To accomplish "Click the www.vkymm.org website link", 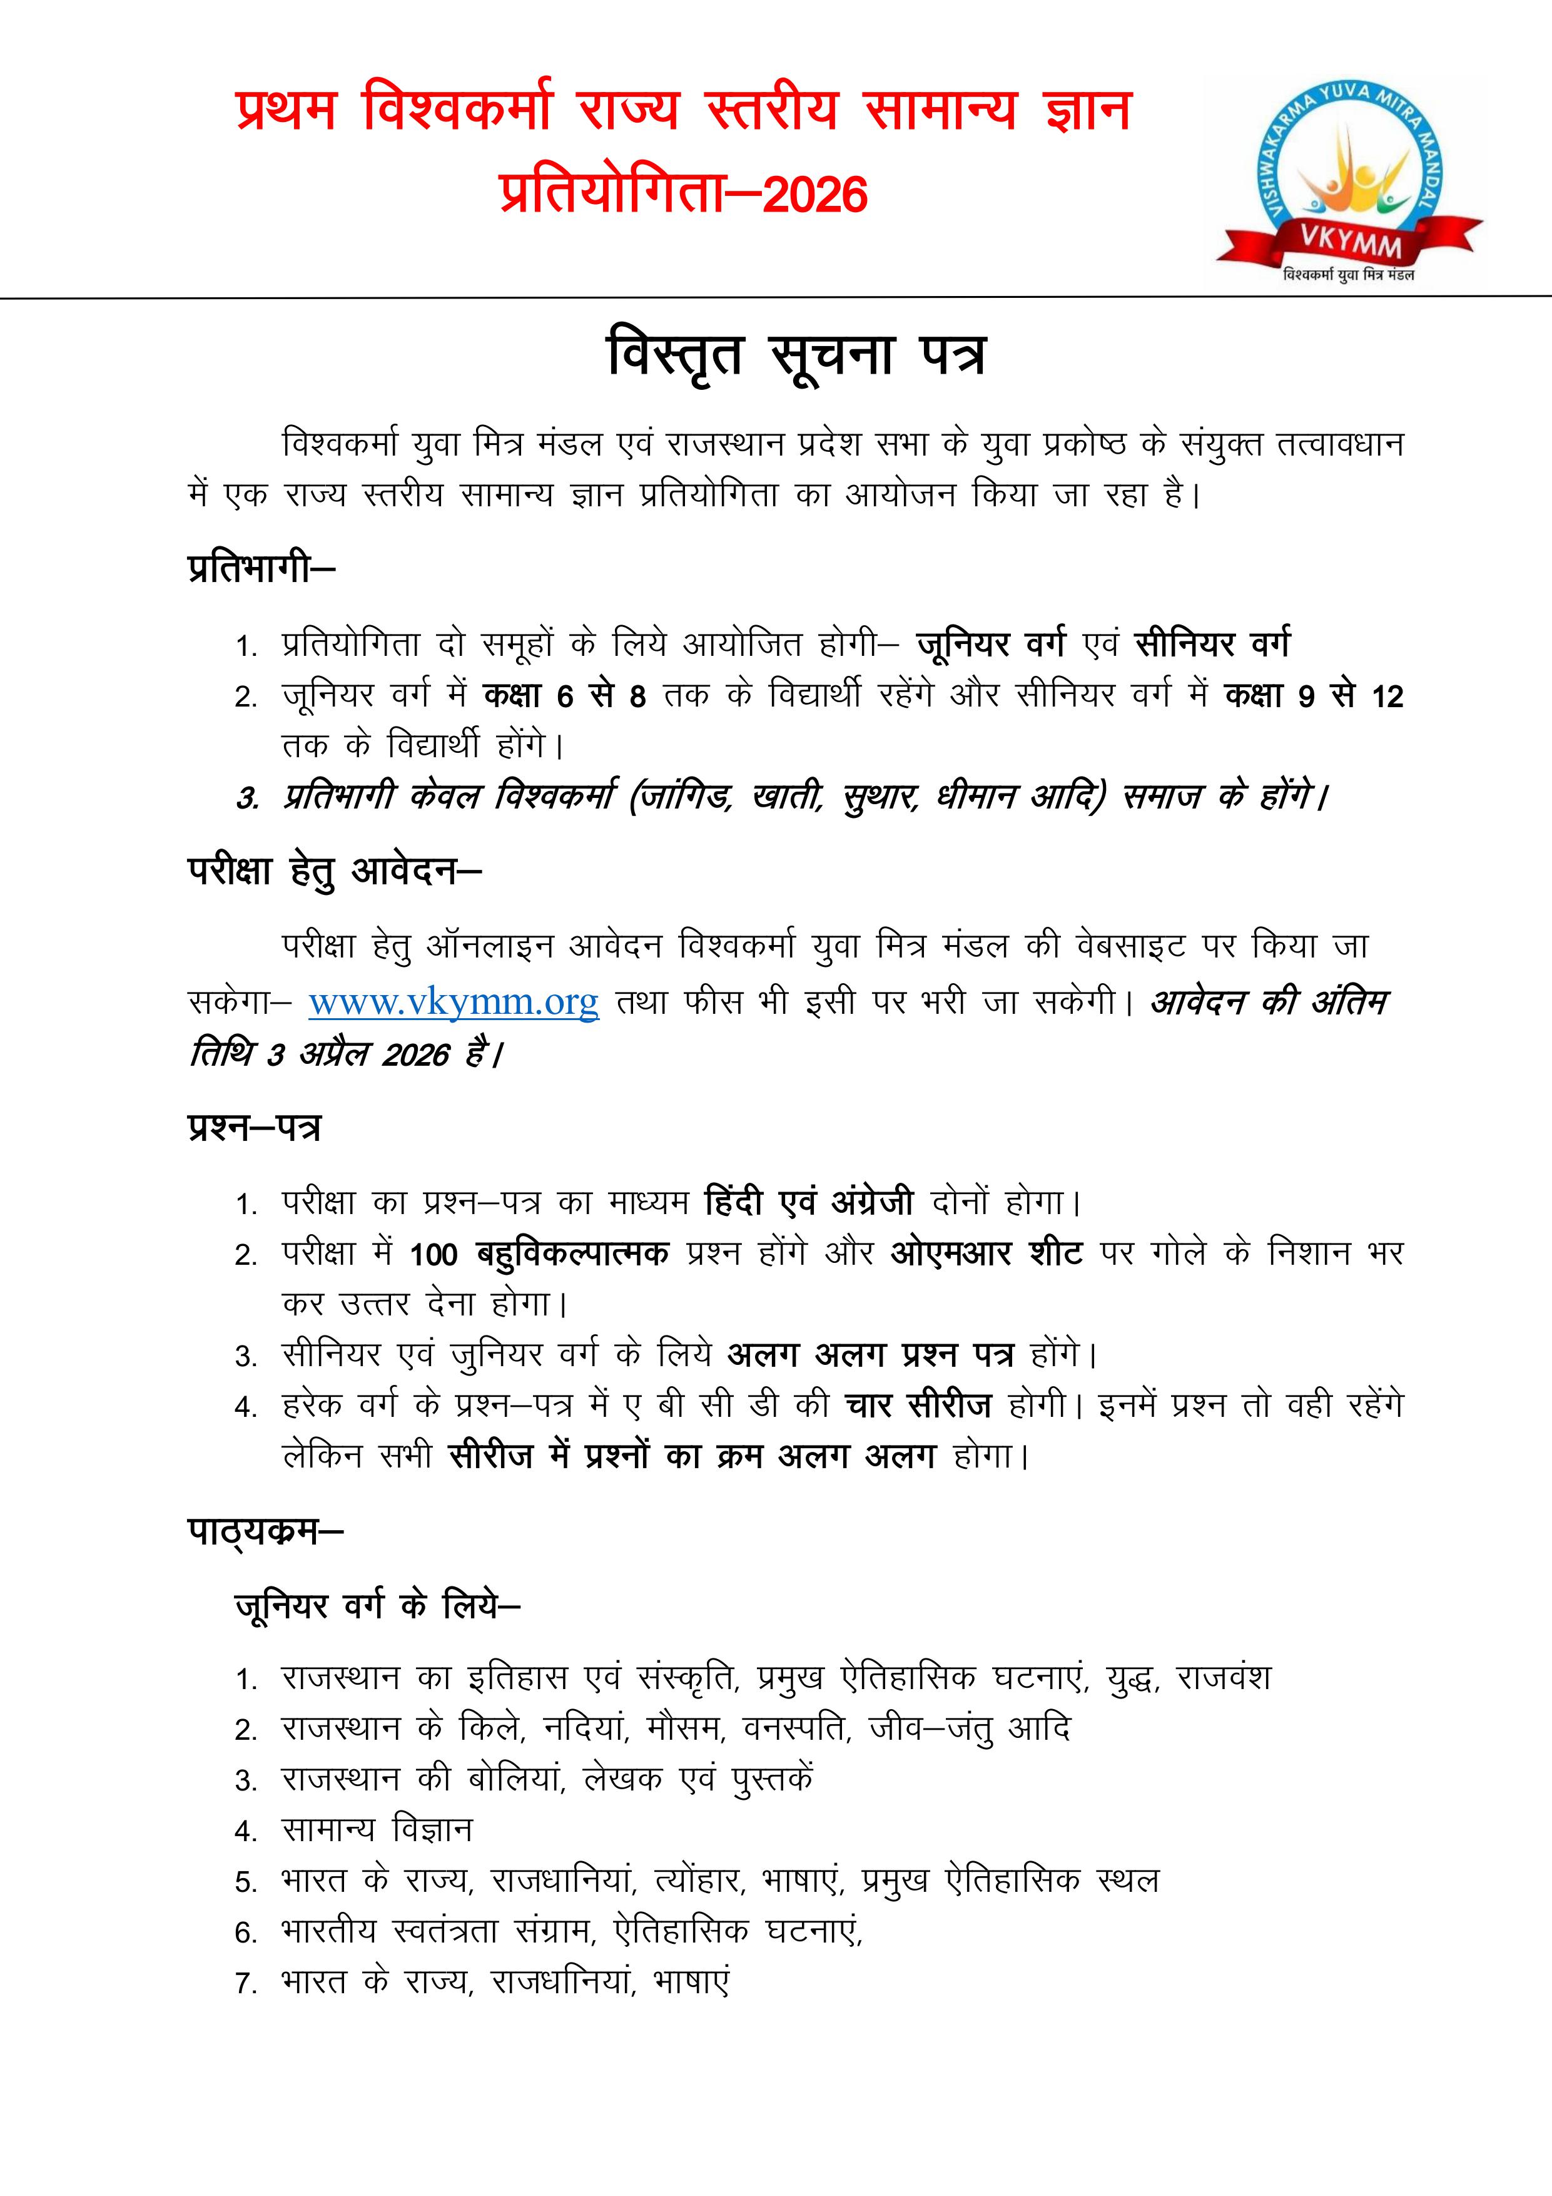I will click(x=454, y=1001).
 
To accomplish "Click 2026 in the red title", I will click(x=814, y=194).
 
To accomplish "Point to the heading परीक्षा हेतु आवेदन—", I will click(x=335, y=871).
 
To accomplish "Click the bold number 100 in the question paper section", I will click(x=433, y=1254).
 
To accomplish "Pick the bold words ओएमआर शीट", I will click(x=986, y=1252).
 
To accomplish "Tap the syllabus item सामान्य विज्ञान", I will click(x=377, y=1830).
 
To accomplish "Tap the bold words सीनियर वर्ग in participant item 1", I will click(x=1212, y=644).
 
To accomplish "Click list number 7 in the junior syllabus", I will click(x=246, y=1984).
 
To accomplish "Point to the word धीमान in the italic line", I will click(x=978, y=796).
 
